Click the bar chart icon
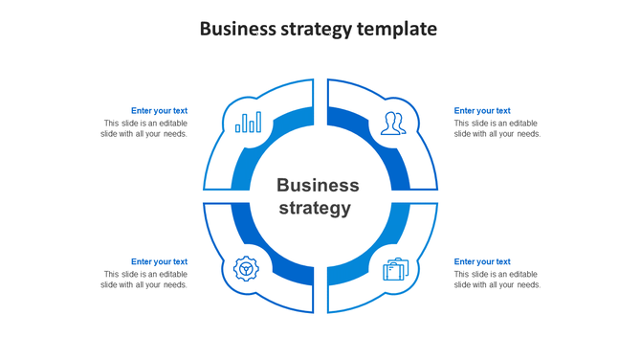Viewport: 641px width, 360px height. click(x=249, y=123)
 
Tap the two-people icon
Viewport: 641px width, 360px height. click(x=391, y=123)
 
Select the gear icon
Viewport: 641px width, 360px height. click(x=247, y=268)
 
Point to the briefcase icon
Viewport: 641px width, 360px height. click(x=395, y=270)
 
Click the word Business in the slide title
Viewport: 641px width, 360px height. click(x=239, y=29)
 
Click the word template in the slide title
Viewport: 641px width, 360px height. click(x=396, y=29)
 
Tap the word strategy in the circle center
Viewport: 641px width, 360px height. click(x=315, y=208)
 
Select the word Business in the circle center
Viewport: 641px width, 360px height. click(x=318, y=186)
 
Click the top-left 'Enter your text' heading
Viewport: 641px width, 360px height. click(x=159, y=111)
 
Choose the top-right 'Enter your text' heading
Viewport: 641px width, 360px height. click(x=482, y=111)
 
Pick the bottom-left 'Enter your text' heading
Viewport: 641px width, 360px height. click(x=159, y=261)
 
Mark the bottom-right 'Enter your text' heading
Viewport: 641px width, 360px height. click(x=482, y=261)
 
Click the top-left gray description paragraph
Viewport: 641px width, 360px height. click(x=144, y=128)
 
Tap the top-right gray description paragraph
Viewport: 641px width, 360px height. click(x=497, y=128)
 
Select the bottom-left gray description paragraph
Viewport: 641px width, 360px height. click(x=144, y=280)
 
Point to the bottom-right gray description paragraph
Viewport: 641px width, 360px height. click(x=497, y=280)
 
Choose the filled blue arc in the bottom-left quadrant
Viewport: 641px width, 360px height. click(x=247, y=239)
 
